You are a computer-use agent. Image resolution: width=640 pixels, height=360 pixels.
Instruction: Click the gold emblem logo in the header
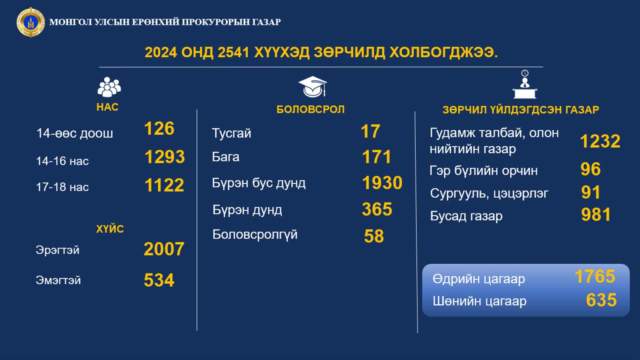(30, 22)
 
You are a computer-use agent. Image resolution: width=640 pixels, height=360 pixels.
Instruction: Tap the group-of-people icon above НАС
(109, 87)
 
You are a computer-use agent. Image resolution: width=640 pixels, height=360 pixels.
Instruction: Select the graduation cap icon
(312, 87)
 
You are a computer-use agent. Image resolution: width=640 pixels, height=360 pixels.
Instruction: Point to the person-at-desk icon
(525, 84)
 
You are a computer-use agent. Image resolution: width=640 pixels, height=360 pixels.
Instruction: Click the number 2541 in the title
(234, 52)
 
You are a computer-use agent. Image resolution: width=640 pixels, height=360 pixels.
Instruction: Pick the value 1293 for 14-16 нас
(164, 157)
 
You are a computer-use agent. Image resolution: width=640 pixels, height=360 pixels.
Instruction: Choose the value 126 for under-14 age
(159, 128)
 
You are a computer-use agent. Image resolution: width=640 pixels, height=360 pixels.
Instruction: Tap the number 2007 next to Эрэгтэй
(164, 249)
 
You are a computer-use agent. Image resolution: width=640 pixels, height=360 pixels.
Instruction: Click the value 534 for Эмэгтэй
(159, 280)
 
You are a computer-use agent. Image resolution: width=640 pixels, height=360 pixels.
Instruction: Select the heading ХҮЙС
(110, 229)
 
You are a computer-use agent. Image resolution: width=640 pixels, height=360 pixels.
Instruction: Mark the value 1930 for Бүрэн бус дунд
(382, 183)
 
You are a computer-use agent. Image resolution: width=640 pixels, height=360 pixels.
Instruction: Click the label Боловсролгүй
(255, 235)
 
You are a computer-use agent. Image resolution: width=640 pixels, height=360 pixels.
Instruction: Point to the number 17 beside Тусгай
(370, 132)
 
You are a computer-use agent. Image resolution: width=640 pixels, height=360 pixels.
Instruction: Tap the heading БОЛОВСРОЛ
(310, 110)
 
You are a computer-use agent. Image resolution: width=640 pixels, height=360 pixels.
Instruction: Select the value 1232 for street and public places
(600, 141)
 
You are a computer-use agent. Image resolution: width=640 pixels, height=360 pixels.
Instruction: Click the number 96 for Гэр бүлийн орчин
(590, 169)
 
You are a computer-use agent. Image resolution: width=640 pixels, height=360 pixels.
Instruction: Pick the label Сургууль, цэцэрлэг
(489, 194)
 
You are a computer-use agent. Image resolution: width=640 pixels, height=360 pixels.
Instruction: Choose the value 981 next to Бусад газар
(596, 215)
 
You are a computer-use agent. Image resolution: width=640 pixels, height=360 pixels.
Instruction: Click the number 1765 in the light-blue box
(595, 276)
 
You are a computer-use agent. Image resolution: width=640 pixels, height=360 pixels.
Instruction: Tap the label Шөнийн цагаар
(480, 301)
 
